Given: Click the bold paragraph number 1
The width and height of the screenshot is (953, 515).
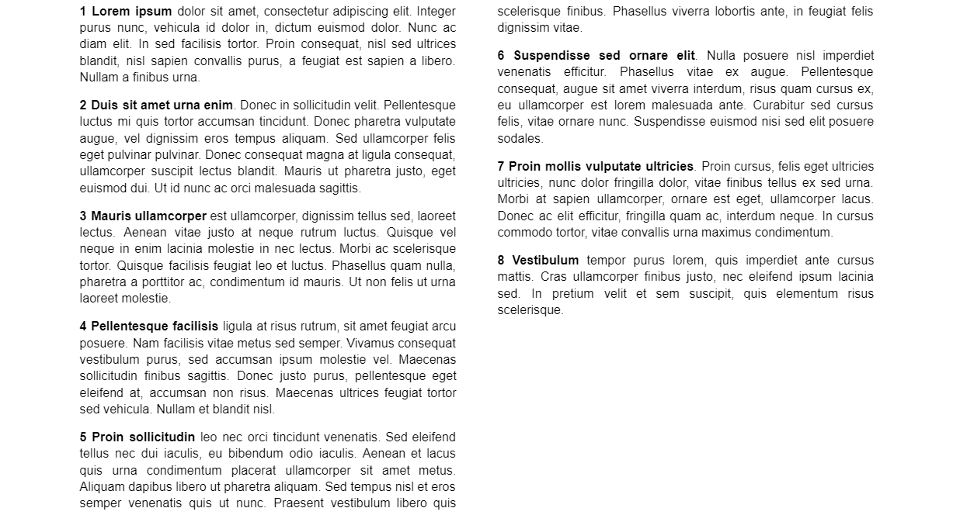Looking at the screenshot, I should click(83, 12).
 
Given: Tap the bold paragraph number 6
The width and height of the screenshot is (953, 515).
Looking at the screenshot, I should click(501, 56).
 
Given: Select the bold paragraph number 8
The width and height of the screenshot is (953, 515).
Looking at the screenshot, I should click(501, 261).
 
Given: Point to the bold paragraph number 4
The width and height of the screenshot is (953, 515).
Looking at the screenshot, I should click(83, 327).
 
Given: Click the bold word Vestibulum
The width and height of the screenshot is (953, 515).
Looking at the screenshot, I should click(545, 261).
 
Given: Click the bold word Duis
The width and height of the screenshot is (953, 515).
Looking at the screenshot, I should click(103, 105).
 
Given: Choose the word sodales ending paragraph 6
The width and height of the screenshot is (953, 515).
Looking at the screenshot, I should click(520, 139).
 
